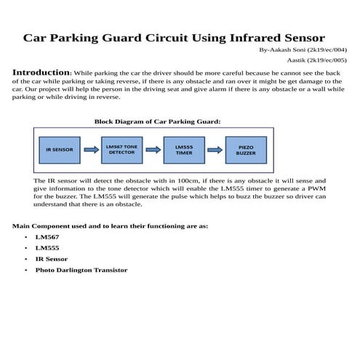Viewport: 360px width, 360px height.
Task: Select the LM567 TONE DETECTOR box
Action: (x=121, y=150)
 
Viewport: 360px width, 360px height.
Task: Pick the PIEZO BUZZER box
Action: (x=246, y=150)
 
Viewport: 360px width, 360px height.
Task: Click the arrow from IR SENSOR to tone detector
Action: (x=91, y=151)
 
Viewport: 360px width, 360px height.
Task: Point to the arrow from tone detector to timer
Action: (x=153, y=151)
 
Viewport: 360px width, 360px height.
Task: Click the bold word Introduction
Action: (x=41, y=73)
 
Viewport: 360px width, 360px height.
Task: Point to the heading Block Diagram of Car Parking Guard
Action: (x=157, y=121)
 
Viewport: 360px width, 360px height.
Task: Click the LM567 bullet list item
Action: (x=46, y=237)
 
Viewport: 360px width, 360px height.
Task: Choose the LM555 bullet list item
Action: (x=46, y=248)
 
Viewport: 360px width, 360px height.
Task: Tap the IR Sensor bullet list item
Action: (x=51, y=259)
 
